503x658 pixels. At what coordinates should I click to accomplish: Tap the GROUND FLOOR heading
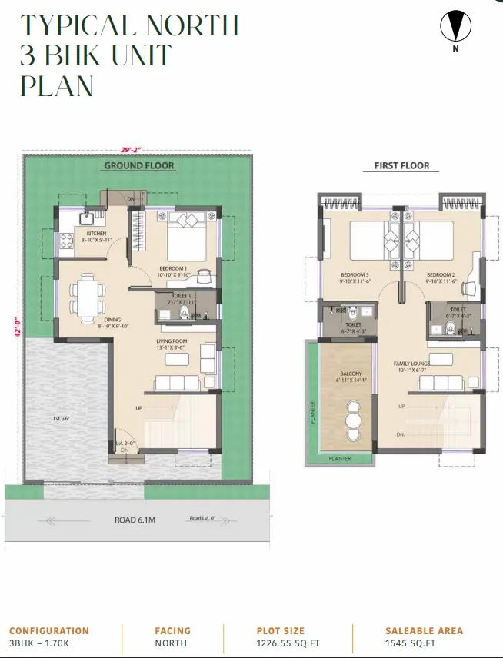pyautogui.click(x=139, y=165)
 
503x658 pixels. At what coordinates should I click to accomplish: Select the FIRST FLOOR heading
pyautogui.click(x=401, y=165)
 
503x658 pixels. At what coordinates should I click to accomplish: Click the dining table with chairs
pyautogui.click(x=84, y=294)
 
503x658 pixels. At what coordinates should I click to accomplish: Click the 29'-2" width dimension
pyautogui.click(x=132, y=150)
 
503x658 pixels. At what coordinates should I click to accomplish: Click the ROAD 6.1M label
pyautogui.click(x=135, y=520)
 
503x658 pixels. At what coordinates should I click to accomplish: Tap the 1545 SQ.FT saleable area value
pyautogui.click(x=411, y=644)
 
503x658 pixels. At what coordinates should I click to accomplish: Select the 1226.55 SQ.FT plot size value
pyautogui.click(x=287, y=644)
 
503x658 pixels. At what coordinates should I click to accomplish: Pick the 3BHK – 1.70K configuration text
pyautogui.click(x=39, y=644)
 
